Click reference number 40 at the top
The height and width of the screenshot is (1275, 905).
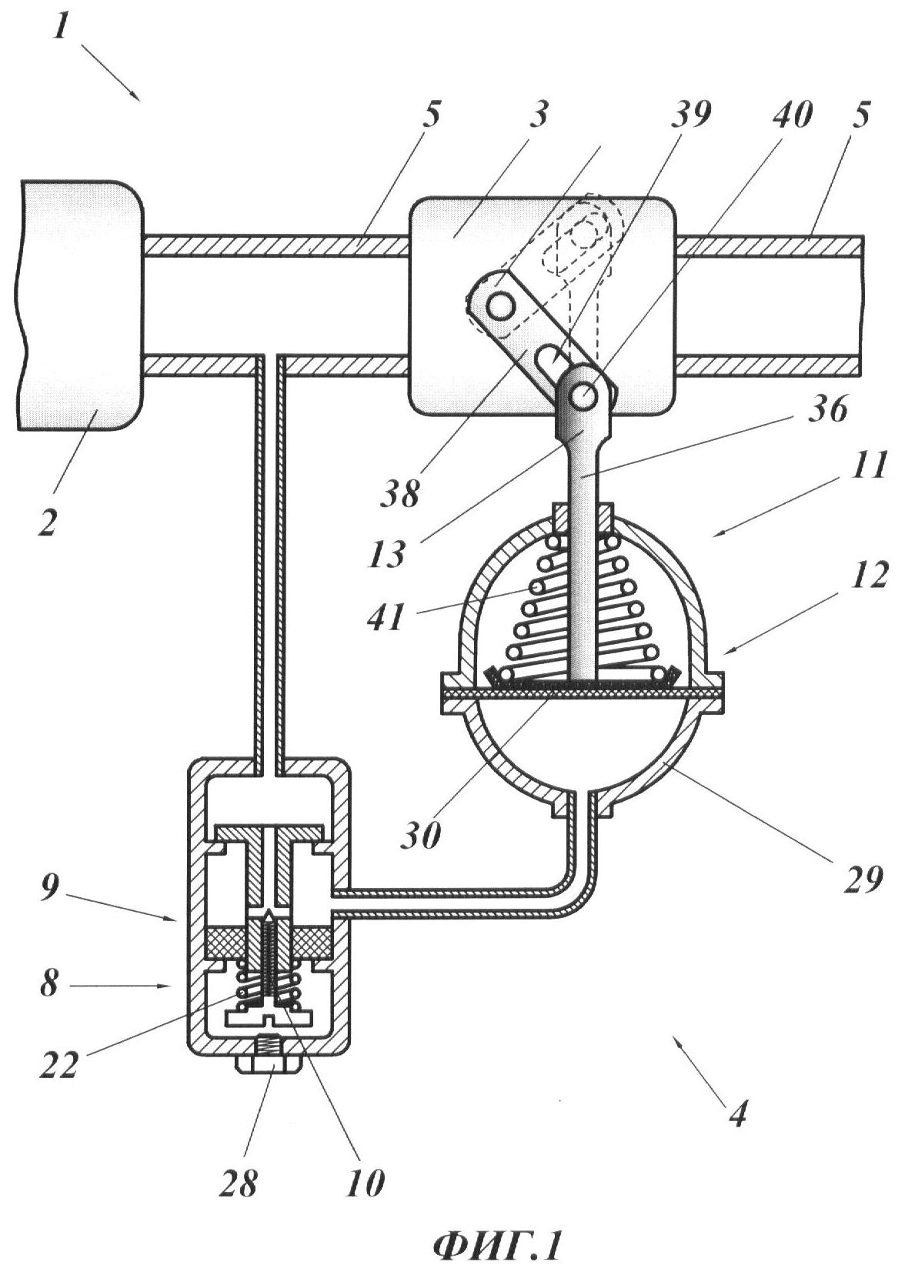point(792,112)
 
